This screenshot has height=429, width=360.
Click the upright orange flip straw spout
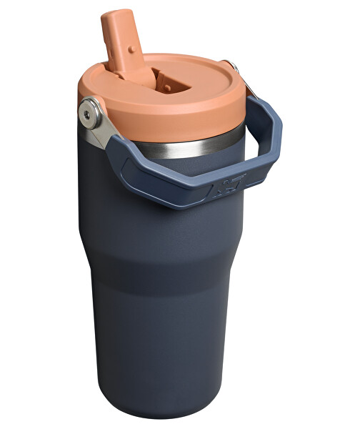123,43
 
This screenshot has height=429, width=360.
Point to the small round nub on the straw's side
131,50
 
